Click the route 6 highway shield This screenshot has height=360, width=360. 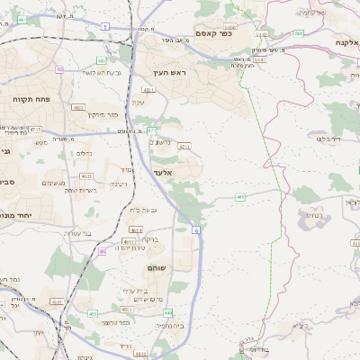coord(194,231)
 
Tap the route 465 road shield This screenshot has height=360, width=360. coord(240,195)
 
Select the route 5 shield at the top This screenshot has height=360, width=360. coord(104,27)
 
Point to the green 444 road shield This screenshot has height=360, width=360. coord(167,312)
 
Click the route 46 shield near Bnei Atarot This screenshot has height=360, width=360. coord(102,251)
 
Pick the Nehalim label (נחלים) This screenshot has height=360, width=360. coord(85,153)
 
